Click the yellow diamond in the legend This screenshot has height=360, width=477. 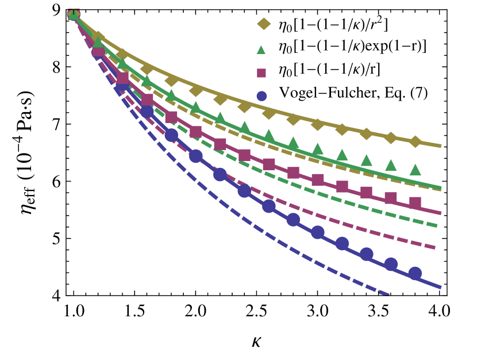[x=264, y=24]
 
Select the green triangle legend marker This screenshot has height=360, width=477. [x=261, y=50]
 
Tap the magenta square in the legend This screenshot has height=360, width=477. [x=261, y=73]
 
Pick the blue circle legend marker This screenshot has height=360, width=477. [x=261, y=96]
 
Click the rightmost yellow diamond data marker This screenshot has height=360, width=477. [x=415, y=141]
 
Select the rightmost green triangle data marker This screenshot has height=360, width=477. [x=415, y=170]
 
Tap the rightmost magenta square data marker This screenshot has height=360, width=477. [x=415, y=202]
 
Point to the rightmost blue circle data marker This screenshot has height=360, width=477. [x=415, y=273]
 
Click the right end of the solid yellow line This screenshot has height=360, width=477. [x=441, y=146]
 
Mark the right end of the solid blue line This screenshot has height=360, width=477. [x=441, y=287]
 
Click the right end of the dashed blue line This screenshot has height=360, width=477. [x=388, y=294]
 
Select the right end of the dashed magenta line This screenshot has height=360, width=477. [x=436, y=248]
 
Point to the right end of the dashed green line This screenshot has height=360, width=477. [x=438, y=225]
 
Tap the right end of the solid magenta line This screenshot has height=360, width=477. [x=441, y=213]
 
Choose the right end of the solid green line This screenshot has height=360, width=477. [x=441, y=187]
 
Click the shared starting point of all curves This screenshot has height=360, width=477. [x=74, y=14]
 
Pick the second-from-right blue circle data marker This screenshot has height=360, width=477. [x=391, y=264]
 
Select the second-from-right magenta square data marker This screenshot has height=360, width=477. [x=391, y=198]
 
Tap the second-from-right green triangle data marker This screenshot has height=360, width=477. [x=391, y=165]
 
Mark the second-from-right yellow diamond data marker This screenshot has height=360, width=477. [x=391, y=138]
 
